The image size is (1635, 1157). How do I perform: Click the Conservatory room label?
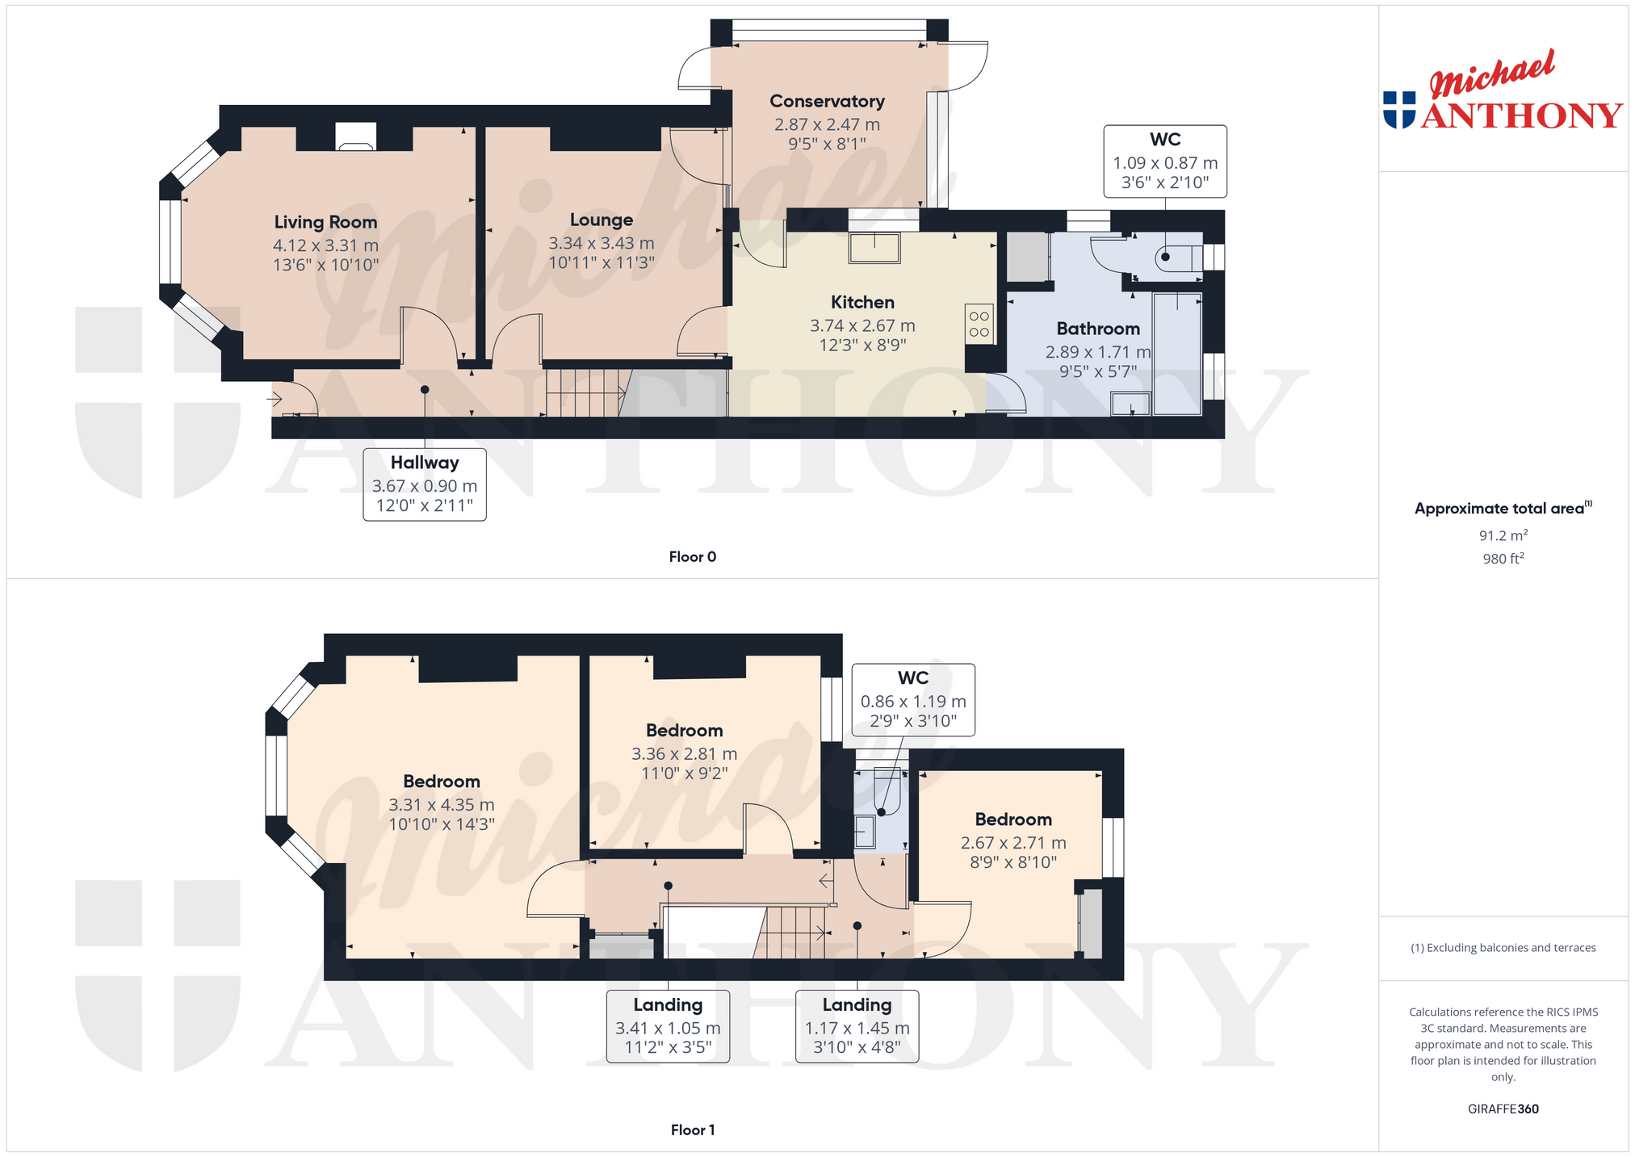click(x=827, y=102)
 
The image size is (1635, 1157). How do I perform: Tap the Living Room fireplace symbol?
click(x=355, y=136)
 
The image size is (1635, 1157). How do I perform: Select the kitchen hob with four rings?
click(x=979, y=324)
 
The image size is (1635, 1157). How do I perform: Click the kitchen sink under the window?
click(x=874, y=248)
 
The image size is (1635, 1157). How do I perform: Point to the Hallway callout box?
click(x=425, y=484)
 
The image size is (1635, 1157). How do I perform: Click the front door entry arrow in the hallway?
click(x=275, y=399)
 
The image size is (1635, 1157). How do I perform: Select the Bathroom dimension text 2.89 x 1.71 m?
click(x=1098, y=352)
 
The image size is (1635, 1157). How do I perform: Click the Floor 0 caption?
click(x=693, y=557)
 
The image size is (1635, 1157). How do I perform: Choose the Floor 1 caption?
click(x=693, y=1130)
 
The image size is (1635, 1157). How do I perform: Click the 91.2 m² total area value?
click(x=1503, y=535)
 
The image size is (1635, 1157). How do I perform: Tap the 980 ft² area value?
click(x=1503, y=558)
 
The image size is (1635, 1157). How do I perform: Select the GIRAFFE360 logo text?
click(x=1503, y=1109)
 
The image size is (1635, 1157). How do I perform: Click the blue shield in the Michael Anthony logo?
click(x=1399, y=110)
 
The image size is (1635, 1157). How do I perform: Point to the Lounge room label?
click(x=602, y=220)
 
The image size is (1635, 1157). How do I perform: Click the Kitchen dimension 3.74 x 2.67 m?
click(x=862, y=326)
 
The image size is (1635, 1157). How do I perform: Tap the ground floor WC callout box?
click(x=1165, y=161)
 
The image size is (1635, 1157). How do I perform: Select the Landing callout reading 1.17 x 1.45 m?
click(x=857, y=1026)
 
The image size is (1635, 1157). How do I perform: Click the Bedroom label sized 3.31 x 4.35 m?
click(x=442, y=782)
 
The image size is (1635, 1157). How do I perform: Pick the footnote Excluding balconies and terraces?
click(x=1503, y=948)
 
